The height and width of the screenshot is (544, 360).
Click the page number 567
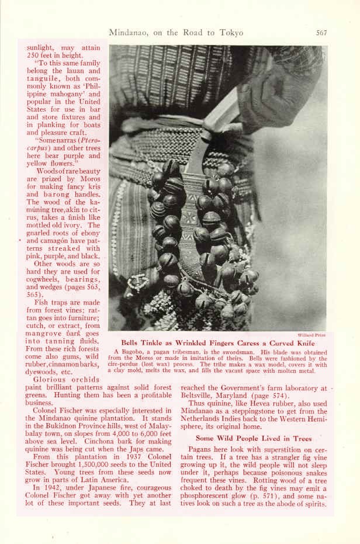(x=321, y=33)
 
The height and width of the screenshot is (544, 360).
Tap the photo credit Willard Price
(x=311, y=335)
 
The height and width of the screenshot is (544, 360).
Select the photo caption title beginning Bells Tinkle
(x=217, y=344)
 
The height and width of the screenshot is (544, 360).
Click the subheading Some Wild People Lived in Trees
(x=254, y=438)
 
